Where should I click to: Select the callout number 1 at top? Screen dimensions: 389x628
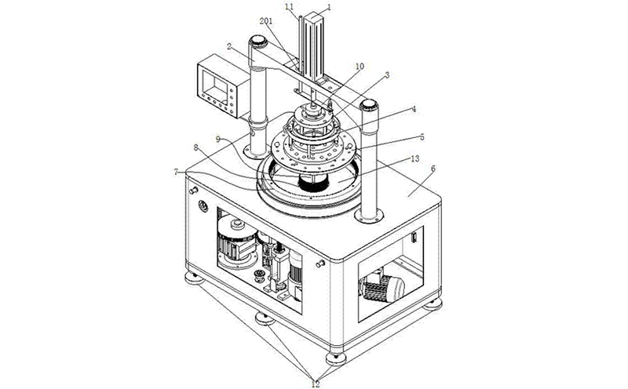tap(330, 6)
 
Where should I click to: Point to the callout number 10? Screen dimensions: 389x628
tap(359, 67)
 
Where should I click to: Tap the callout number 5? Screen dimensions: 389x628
tap(422, 136)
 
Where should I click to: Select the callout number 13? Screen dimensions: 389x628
tap(415, 160)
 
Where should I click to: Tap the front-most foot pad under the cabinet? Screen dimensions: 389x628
tap(336, 357)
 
